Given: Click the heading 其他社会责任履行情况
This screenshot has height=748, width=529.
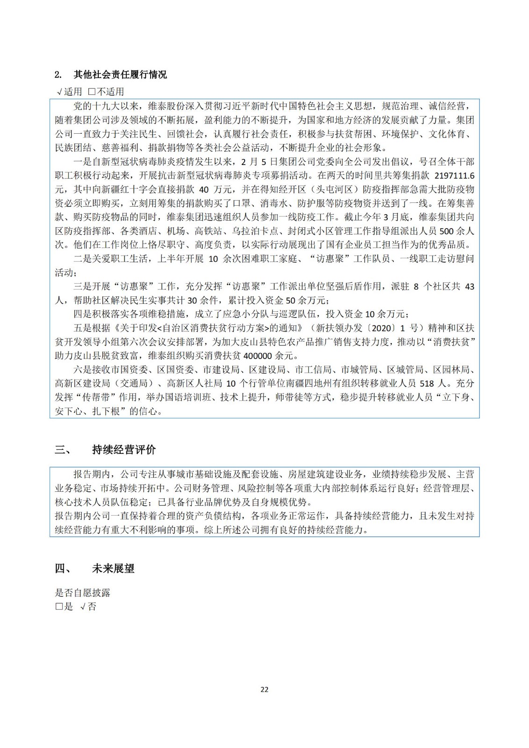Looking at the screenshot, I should (120, 75).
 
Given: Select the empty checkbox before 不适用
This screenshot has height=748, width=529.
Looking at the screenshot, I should (92, 92).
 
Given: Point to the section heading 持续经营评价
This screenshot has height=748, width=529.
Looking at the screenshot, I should (124, 450).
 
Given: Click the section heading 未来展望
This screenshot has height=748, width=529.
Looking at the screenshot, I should (114, 568).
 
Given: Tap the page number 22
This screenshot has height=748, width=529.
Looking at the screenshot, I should (264, 689).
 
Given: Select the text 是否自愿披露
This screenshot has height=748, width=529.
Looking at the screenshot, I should (83, 593).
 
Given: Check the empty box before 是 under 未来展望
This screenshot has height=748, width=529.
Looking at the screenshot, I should (58, 607).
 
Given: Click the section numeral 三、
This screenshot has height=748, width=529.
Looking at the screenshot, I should (63, 450).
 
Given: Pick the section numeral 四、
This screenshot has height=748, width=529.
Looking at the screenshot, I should (63, 568).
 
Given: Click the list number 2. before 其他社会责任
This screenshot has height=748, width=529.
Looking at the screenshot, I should (58, 75).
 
